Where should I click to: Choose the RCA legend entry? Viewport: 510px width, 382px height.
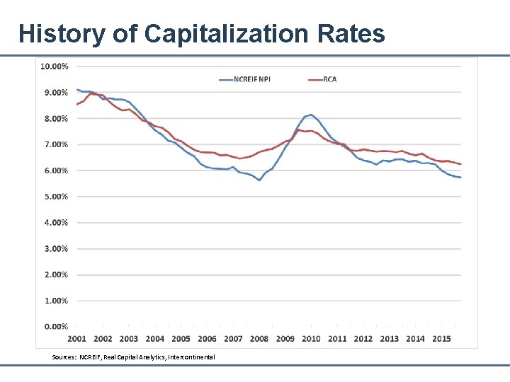point(329,79)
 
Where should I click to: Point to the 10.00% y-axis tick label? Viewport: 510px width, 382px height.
point(55,66)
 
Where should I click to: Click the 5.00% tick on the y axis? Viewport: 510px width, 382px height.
point(55,197)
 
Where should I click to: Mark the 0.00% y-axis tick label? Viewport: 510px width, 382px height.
point(55,327)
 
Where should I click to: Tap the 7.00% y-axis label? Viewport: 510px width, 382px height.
point(55,144)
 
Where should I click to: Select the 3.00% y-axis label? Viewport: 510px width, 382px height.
point(55,249)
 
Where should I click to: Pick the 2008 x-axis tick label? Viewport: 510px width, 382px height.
point(259,339)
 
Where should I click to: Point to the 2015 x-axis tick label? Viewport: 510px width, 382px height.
point(441,339)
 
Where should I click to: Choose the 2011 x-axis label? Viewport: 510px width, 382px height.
point(337,339)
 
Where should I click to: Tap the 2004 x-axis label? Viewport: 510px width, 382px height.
point(155,339)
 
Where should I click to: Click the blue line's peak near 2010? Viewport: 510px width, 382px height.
point(311,115)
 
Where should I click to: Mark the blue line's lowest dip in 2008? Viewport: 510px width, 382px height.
point(259,180)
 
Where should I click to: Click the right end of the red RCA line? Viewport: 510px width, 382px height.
point(460,164)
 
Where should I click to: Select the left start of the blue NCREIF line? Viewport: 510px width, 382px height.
point(76,90)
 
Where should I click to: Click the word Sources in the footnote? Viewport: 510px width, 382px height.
point(64,357)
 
